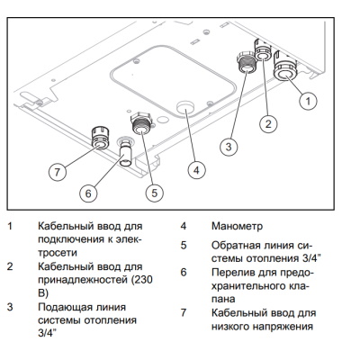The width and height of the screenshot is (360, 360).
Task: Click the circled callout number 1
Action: click(308, 102)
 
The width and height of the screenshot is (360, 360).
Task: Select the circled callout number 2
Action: click(267, 122)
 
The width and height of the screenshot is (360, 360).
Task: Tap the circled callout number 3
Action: click(230, 145)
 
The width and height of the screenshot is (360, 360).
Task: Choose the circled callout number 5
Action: click(154, 192)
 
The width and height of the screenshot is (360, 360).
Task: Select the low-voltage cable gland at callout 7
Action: click(98, 139)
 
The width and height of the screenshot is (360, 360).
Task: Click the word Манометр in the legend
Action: click(237, 227)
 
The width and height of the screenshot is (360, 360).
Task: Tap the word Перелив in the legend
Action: click(236, 271)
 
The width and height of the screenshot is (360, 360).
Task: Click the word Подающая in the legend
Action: click(66, 307)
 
